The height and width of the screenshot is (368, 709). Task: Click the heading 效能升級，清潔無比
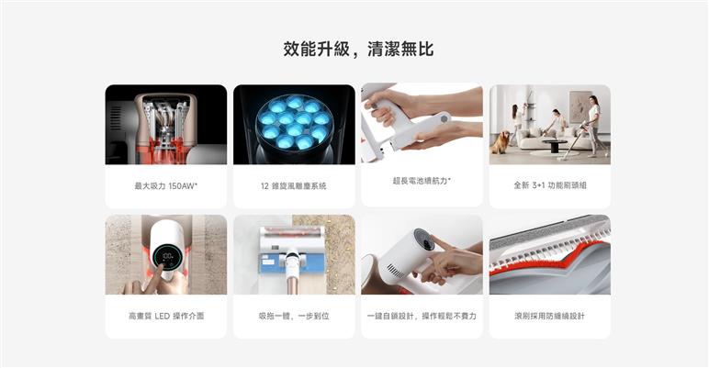358,49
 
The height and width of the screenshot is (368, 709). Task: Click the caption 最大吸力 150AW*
166,185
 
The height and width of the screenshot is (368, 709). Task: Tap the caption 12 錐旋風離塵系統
294,185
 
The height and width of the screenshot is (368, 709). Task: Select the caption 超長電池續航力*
422,181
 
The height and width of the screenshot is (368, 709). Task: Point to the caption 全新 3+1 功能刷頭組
550,184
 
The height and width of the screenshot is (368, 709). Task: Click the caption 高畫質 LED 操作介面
166,316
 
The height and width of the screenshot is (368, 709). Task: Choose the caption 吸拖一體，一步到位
294,316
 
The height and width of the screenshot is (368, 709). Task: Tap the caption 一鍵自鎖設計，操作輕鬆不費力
422,316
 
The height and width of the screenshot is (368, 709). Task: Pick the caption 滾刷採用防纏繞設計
549,316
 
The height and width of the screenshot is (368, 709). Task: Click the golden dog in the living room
501,142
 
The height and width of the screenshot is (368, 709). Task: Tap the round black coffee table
554,145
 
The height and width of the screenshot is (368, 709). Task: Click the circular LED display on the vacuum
167,258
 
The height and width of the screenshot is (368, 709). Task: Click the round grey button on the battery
444,119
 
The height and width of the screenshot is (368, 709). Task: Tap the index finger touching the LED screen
157,274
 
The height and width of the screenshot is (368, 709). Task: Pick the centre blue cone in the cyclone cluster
295,129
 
